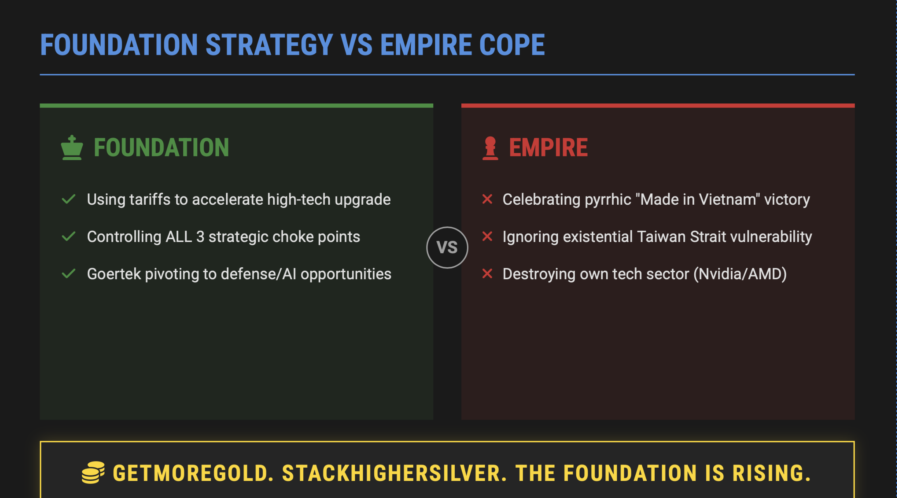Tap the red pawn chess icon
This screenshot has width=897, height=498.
(490, 148)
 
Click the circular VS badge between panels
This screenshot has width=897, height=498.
(447, 247)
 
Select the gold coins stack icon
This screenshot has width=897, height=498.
(93, 472)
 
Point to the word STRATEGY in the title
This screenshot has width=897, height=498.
(269, 45)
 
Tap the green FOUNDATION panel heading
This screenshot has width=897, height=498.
(162, 148)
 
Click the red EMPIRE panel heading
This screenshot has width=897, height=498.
(548, 148)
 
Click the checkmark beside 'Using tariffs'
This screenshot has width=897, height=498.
(69, 199)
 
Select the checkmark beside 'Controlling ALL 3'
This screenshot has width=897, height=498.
(69, 237)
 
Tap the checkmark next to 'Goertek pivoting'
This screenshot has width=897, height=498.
(69, 274)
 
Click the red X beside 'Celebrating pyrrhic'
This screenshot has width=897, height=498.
(487, 199)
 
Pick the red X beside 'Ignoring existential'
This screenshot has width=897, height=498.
(487, 236)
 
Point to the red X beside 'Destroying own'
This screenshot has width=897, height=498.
(487, 274)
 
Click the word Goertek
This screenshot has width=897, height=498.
(114, 274)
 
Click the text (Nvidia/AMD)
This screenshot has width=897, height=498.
(740, 274)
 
